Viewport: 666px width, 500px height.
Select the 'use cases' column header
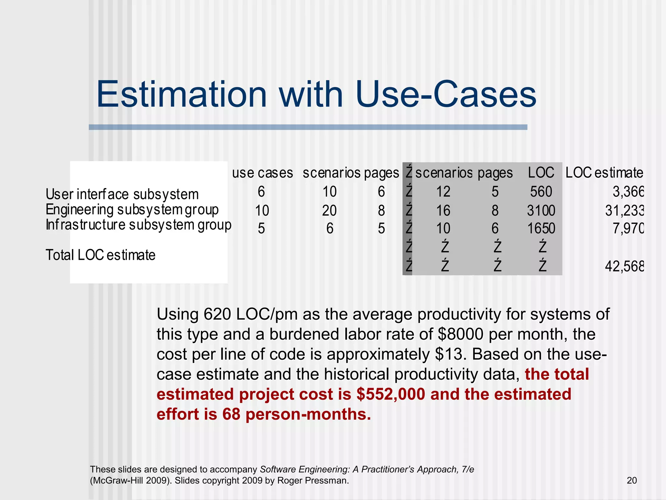click(262, 173)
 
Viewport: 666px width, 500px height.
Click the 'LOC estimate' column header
click(604, 173)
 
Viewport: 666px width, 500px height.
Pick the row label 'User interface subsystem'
click(122, 194)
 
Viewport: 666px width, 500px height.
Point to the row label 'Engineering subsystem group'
click(132, 210)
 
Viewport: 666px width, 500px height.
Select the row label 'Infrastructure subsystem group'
click(139, 225)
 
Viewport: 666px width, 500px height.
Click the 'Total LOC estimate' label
click(100, 255)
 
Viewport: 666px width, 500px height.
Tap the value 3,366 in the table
click(628, 192)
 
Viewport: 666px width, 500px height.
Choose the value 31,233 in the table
click(624, 211)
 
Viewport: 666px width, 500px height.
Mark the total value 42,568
click(624, 267)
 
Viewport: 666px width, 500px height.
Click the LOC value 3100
click(541, 211)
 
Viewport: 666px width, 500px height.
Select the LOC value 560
click(541, 192)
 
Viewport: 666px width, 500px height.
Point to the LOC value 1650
click(541, 229)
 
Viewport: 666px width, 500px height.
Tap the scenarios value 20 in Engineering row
click(329, 211)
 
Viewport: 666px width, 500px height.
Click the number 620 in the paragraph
click(217, 314)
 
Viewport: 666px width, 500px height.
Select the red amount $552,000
click(391, 394)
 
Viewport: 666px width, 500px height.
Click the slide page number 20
click(632, 480)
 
